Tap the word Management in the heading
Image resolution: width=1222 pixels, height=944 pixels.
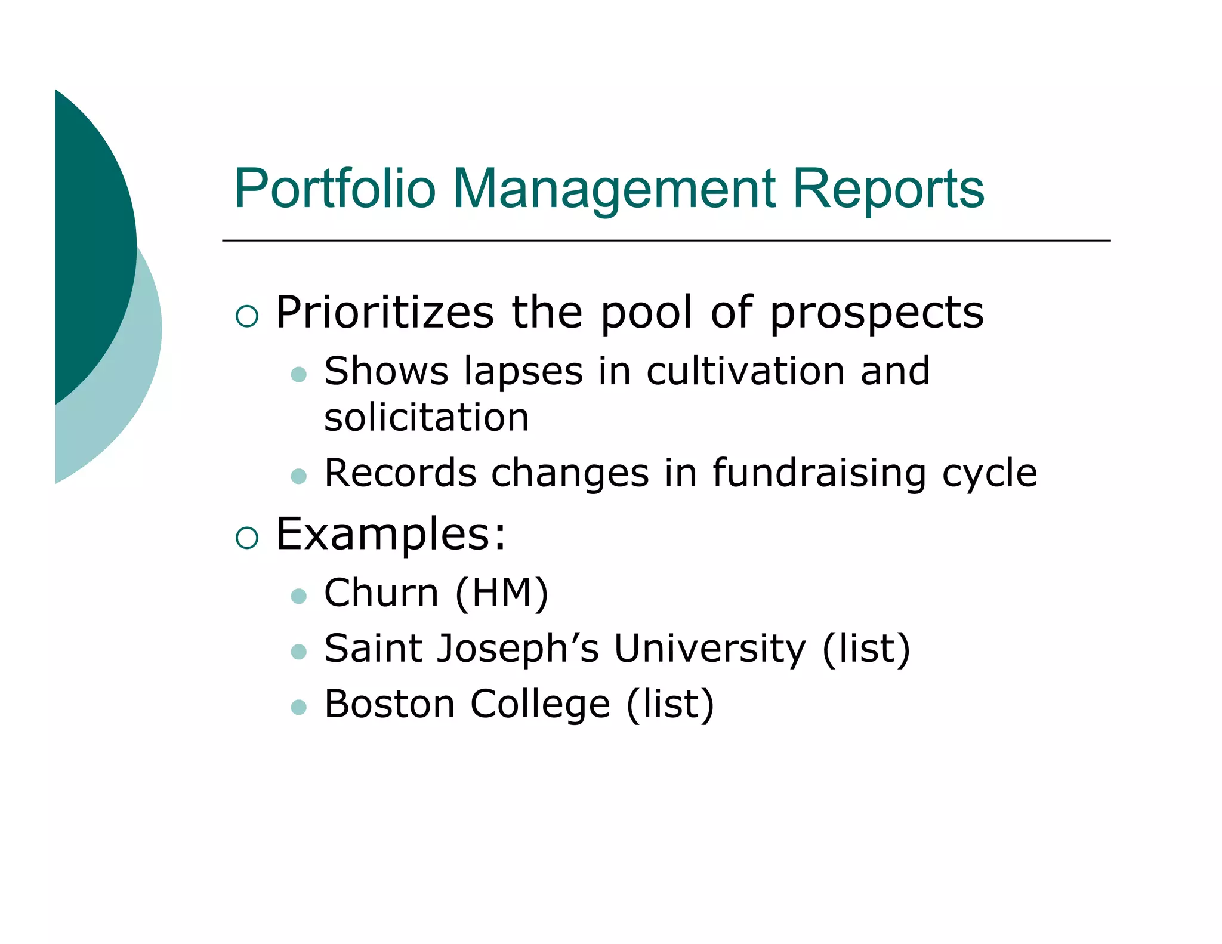pyautogui.click(x=614, y=190)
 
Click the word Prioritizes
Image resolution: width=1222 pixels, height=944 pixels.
pyautogui.click(x=385, y=313)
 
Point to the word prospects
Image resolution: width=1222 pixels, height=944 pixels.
pyautogui.click(x=877, y=314)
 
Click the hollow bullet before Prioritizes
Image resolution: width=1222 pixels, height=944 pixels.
pyautogui.click(x=247, y=316)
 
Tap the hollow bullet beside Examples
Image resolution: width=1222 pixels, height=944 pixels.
pyautogui.click(x=247, y=538)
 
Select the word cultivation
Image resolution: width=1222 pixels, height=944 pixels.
pyautogui.click(x=745, y=371)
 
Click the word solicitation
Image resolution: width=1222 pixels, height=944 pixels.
pyautogui.click(x=427, y=417)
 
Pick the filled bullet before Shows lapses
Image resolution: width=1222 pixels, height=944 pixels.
pyautogui.click(x=298, y=375)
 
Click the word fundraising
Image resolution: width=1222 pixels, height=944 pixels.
pyautogui.click(x=819, y=473)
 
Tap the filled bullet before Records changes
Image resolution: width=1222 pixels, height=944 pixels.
pyautogui.click(x=298, y=476)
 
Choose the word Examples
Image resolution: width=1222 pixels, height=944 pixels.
pyautogui.click(x=391, y=534)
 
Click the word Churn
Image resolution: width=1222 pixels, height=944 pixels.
pyautogui.click(x=381, y=593)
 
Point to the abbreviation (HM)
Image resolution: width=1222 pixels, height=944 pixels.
pyautogui.click(x=501, y=593)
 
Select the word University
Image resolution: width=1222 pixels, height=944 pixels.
pyautogui.click(x=710, y=649)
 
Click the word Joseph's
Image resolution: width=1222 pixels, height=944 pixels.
pyautogui.click(x=518, y=649)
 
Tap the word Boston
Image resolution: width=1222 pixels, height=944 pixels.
pyautogui.click(x=390, y=704)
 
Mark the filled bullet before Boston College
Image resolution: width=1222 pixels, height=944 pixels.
pyautogui.click(x=298, y=708)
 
